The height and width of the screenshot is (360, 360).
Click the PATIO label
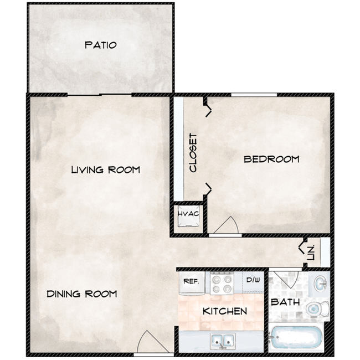100,45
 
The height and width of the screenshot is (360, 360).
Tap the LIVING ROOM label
105,169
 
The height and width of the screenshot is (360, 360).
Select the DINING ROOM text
81,294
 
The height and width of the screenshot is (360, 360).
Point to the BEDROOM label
271,160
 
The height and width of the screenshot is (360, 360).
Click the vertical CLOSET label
193,153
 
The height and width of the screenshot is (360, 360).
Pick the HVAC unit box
188,217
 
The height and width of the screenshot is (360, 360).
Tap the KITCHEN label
224,311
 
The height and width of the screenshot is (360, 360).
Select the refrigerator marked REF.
191,282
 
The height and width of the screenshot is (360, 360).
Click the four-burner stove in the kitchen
223,283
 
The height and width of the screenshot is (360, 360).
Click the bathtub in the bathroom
296,337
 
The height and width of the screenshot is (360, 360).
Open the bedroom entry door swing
227,226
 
